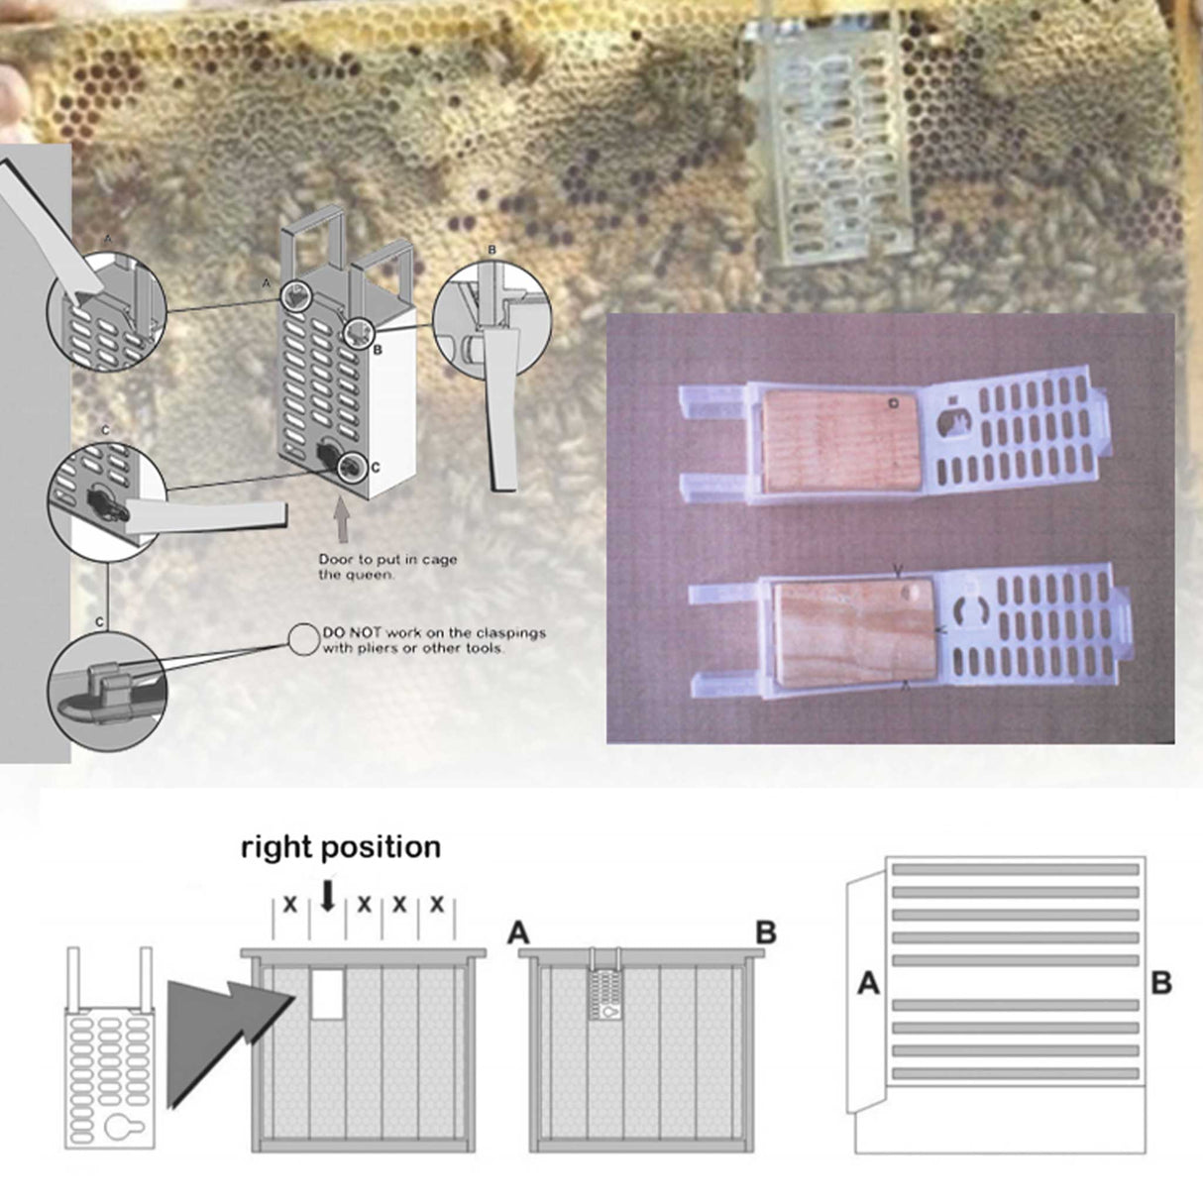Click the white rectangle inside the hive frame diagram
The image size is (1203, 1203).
(x=328, y=995)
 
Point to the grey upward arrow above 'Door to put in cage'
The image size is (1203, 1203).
(x=342, y=522)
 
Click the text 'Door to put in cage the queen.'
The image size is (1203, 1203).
(x=387, y=567)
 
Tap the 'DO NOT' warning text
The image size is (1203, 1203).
(x=434, y=640)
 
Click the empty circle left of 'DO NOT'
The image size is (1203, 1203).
(x=303, y=639)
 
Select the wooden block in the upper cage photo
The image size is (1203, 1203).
(x=841, y=443)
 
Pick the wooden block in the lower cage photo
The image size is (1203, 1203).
(x=854, y=632)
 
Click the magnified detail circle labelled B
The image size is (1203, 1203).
(x=492, y=320)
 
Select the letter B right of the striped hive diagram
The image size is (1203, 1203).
(x=1161, y=983)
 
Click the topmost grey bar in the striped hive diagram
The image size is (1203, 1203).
(x=1016, y=870)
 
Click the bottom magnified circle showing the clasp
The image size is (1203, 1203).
(x=107, y=691)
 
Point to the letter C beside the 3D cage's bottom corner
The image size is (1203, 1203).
(x=376, y=468)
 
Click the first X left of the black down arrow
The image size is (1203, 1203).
(x=290, y=905)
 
